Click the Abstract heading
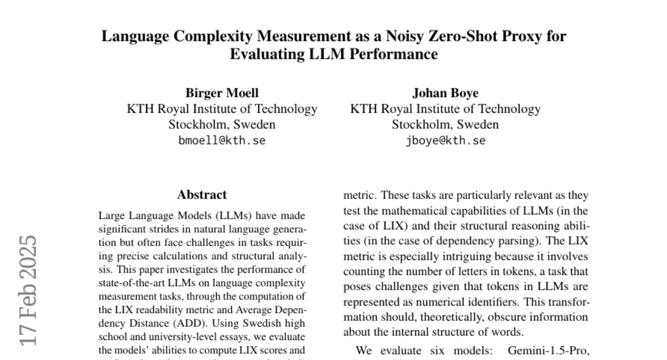coord(202,195)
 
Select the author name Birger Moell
coord(222,93)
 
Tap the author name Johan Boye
coord(445,93)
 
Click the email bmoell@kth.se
coord(222,141)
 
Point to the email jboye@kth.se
coord(445,141)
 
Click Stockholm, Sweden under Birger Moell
coord(222,124)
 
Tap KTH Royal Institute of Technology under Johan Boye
coord(445,109)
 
